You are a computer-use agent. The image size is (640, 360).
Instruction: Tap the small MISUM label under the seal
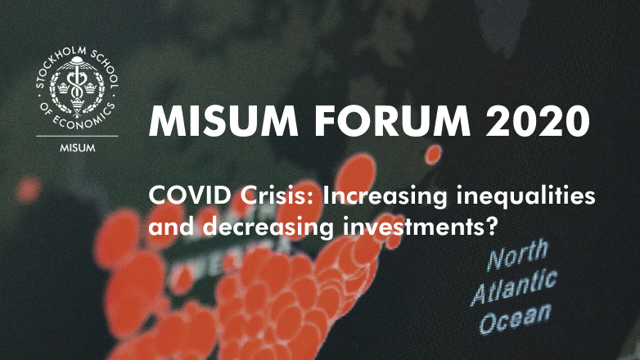pyautogui.click(x=77, y=148)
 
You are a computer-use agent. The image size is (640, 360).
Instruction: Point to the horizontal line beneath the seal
pyautogui.click(x=77, y=136)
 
